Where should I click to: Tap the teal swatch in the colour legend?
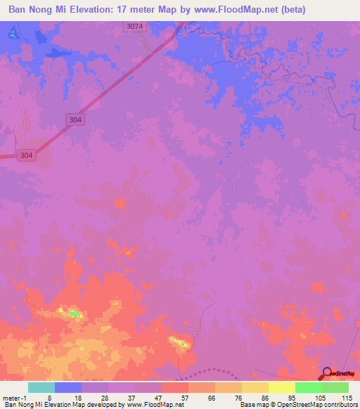point(41,387)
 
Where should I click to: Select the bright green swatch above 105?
point(309,387)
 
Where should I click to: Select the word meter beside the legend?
point(11,397)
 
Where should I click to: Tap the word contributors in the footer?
point(338,405)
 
